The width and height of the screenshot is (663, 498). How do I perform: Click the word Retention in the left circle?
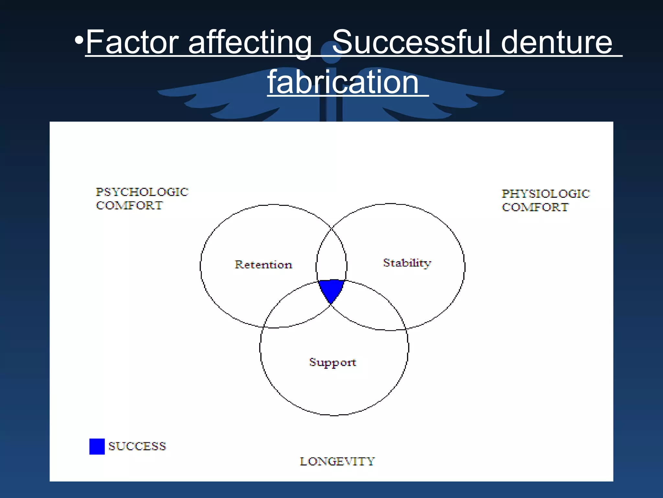point(263,265)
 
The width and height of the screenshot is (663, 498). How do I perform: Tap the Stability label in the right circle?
point(407,263)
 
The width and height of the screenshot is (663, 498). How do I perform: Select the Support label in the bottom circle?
point(332,362)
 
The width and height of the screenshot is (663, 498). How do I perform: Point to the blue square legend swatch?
point(97,446)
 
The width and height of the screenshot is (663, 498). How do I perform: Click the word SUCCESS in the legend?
point(137,446)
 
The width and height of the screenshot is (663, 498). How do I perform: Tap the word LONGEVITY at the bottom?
point(337,461)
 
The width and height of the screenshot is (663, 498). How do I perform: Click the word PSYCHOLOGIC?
point(142,192)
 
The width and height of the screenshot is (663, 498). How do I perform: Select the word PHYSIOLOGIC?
point(546,194)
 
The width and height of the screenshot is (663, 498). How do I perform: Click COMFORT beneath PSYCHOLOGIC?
point(129,206)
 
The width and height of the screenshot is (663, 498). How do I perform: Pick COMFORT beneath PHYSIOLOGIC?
point(535,207)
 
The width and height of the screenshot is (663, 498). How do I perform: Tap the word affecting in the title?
point(250,42)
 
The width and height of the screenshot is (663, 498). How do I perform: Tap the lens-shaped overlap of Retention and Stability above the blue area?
point(331,256)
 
